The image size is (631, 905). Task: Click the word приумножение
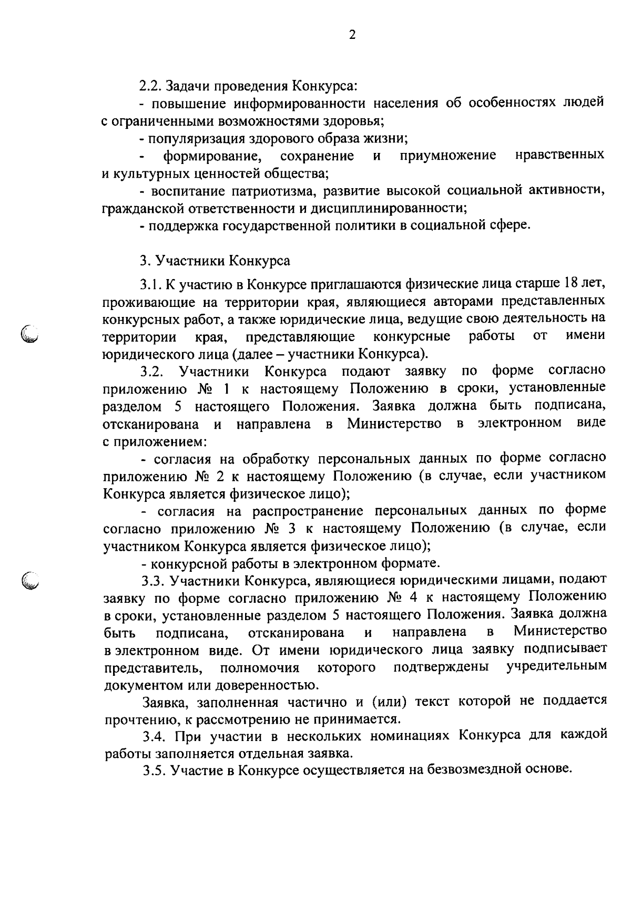tap(447, 156)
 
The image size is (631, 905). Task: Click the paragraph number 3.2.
tap(151, 372)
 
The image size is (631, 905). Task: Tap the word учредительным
tap(556, 667)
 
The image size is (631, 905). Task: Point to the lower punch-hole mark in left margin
tap(31, 579)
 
